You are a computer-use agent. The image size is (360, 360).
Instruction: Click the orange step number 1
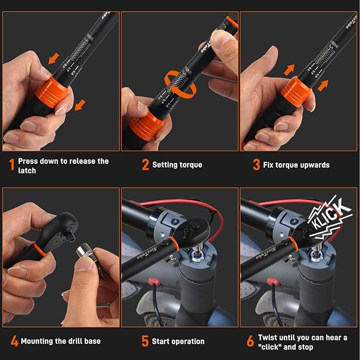(x=11, y=165)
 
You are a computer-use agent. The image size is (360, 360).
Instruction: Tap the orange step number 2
(x=145, y=165)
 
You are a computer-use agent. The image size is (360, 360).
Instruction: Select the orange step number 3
(x=256, y=165)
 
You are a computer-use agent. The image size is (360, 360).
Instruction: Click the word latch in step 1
(x=27, y=171)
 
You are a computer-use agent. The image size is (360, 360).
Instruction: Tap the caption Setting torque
(x=177, y=165)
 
